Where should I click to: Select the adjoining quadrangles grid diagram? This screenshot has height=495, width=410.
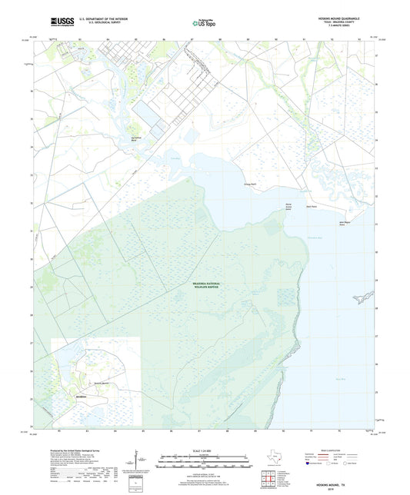click(x=269, y=478)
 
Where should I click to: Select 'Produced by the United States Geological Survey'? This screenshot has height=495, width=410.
click(x=66, y=450)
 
